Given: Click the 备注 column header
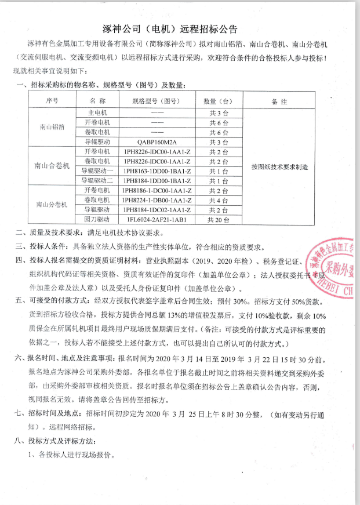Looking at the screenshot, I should click(x=279, y=101).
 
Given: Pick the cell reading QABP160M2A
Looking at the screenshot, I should click(x=157, y=141).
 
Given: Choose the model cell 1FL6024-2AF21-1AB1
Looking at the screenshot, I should click(x=157, y=220).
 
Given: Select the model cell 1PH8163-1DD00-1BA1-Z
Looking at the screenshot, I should click(x=157, y=171).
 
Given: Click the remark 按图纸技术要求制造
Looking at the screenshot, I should click(x=279, y=166).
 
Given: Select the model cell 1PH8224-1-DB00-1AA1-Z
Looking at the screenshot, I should click(x=157, y=201).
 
